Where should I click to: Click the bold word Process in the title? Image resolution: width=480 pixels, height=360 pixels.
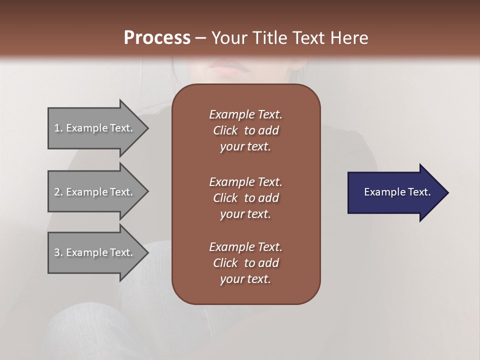[x=157, y=38]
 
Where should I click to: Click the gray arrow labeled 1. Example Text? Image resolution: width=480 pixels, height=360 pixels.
[x=95, y=128]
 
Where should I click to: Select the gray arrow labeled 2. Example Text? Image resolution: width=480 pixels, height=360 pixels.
[x=95, y=192]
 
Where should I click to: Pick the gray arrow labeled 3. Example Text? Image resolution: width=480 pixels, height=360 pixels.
[x=95, y=252]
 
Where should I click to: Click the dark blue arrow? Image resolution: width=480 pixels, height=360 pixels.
[x=395, y=192]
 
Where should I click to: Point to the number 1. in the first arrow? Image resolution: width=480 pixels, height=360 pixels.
[x=58, y=128]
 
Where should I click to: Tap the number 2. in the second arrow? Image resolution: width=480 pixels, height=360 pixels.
[x=58, y=192]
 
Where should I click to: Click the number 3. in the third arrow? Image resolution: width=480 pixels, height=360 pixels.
[x=58, y=252]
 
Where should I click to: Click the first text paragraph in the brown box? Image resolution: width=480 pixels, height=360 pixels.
[x=245, y=130]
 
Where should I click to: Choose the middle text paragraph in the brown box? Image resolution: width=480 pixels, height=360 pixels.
[x=245, y=198]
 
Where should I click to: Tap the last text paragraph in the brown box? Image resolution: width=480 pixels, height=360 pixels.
[x=245, y=263]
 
